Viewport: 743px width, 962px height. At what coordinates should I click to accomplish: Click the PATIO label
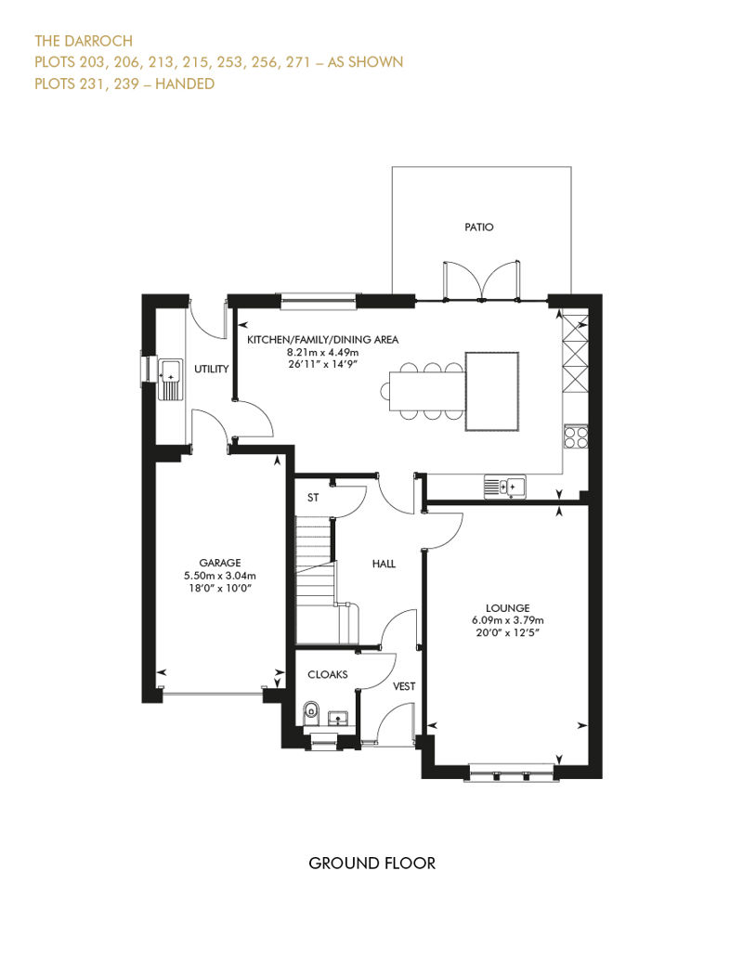pos(478,227)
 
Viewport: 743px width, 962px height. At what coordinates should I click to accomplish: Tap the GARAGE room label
pos(219,563)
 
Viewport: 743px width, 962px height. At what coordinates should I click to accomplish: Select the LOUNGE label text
pos(507,608)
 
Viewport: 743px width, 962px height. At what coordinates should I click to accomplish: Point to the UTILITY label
pos(211,369)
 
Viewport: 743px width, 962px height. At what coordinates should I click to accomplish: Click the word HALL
pos(384,564)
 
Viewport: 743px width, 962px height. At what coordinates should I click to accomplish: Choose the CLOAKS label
pos(328,674)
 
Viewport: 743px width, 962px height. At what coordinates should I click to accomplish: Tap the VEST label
pos(404,686)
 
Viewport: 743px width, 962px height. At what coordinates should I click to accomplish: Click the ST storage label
pos(313,498)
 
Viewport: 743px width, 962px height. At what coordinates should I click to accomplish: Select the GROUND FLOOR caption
pos(371,864)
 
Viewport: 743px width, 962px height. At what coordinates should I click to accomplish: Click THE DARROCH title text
pos(84,41)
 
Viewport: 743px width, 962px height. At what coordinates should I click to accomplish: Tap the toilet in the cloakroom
pos(311,713)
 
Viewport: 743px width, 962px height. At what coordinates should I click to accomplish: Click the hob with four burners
pos(576,436)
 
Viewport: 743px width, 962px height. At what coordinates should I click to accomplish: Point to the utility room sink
pos(171,379)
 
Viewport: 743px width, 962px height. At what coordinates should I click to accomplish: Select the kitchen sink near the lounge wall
pos(504,487)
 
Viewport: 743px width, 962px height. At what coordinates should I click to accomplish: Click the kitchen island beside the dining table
pos(492,392)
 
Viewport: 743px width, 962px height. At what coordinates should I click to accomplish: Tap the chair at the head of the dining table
pos(385,391)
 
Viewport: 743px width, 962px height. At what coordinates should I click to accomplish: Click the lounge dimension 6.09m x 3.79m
pos(507,620)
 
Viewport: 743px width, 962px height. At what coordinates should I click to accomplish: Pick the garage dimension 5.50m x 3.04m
pos(219,576)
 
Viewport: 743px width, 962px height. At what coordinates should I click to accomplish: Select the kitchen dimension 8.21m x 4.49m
pos(322,352)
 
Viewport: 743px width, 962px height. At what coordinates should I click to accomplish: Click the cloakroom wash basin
pos(338,717)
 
